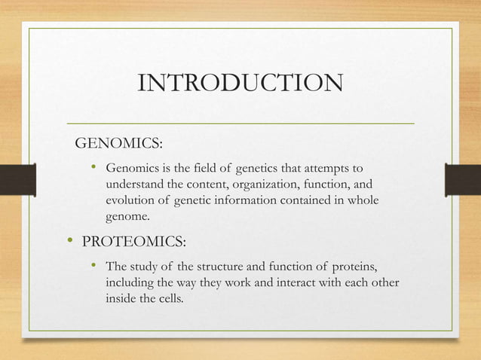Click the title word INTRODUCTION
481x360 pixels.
tap(240, 83)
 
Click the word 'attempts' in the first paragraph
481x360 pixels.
tap(338, 167)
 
